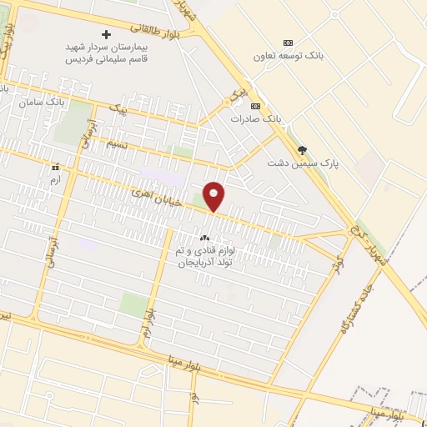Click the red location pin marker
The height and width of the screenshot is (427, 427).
click(214, 195)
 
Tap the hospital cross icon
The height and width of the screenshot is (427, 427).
click(105, 34)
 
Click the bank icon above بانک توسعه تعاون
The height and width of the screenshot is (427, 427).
click(289, 43)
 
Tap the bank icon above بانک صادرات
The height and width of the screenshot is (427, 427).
click(254, 106)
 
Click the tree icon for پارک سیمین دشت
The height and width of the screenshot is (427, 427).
click(302, 150)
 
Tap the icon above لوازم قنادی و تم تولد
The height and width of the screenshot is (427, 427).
click(204, 238)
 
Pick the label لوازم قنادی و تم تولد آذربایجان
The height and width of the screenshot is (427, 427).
click(205, 256)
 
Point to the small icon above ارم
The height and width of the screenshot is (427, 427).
click(55, 167)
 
